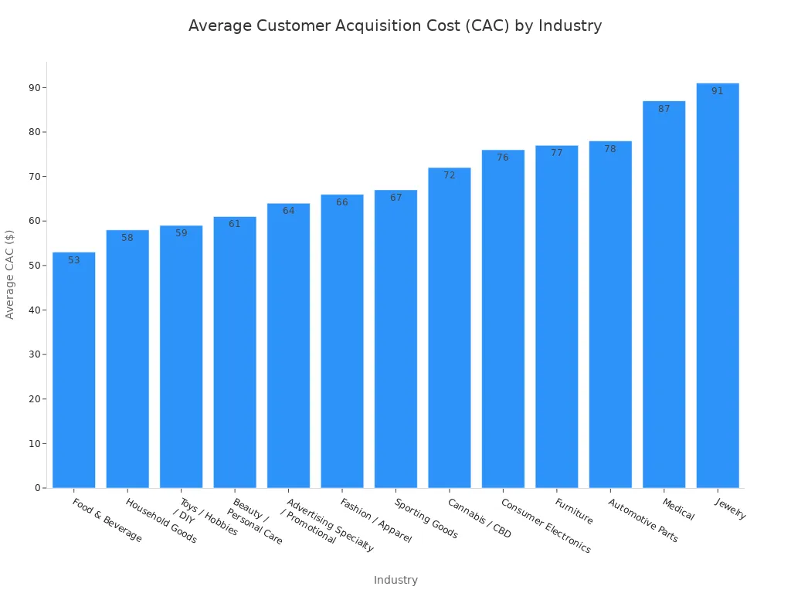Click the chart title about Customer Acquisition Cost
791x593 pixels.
[395, 25]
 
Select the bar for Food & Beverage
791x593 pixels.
[74, 371]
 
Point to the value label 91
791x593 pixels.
[717, 91]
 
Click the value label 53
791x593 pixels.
[74, 260]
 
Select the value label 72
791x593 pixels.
[450, 175]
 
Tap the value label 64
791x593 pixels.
[288, 211]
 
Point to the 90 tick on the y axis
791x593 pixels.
[35, 87]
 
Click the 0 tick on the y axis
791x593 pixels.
[37, 488]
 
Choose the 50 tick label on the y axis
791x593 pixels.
[35, 266]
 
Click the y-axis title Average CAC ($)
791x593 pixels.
[10, 274]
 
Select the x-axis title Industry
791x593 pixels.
[395, 580]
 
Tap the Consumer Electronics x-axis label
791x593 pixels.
[545, 525]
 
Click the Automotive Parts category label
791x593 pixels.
[643, 520]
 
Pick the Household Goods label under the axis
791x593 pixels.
[161, 520]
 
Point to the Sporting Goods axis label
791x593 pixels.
[426, 518]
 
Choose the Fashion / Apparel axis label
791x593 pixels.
[375, 520]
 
